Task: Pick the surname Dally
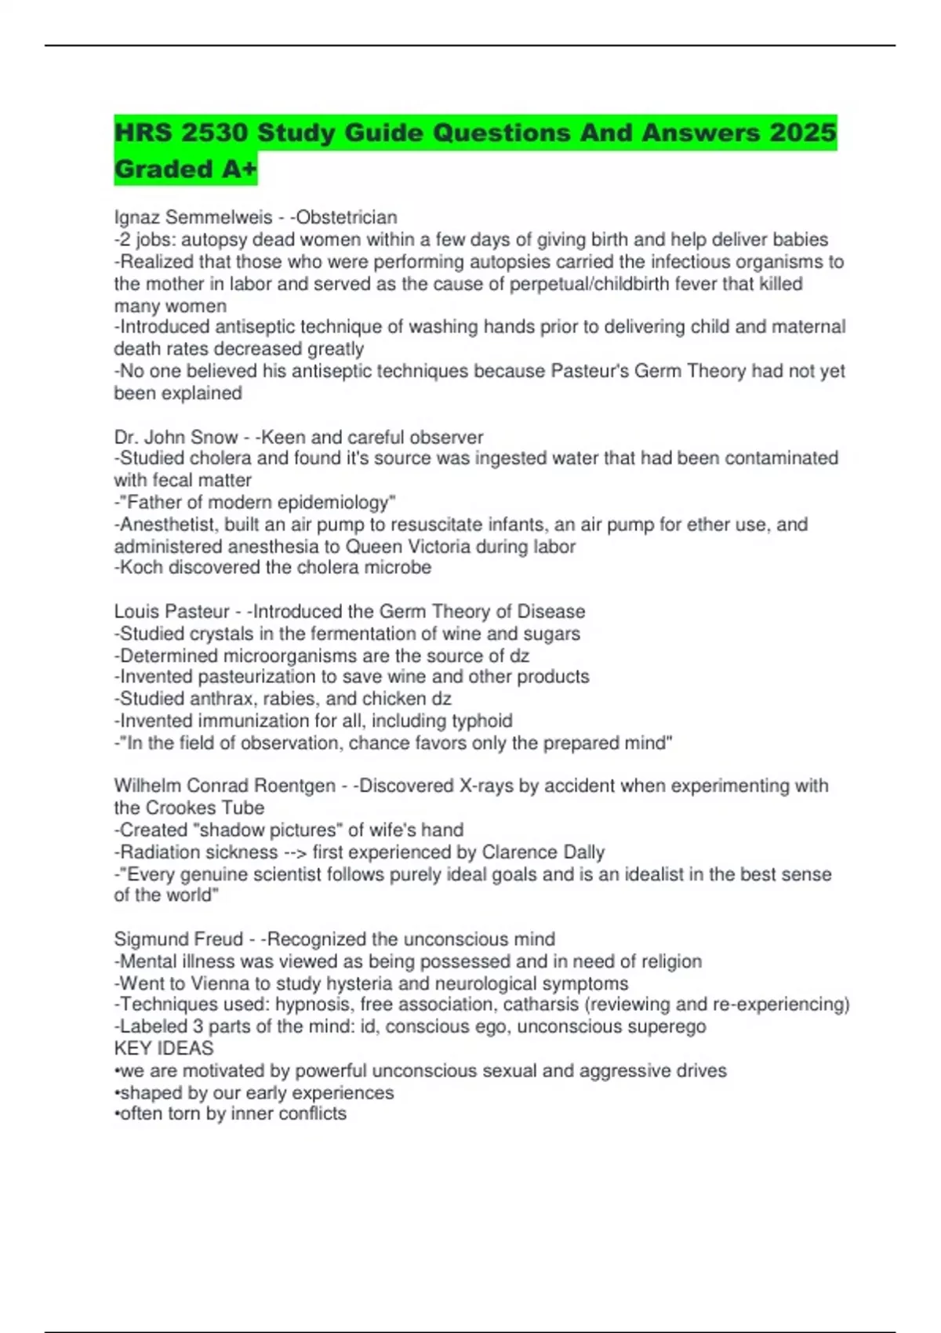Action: click(583, 852)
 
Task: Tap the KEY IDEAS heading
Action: click(164, 1048)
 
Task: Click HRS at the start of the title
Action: click(144, 133)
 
